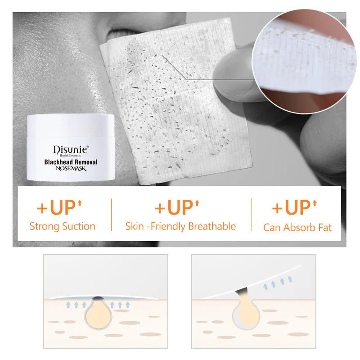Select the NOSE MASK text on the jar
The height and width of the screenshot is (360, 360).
click(x=71, y=168)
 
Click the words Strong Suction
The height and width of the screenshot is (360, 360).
click(x=63, y=226)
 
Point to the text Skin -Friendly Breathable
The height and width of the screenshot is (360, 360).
click(x=180, y=227)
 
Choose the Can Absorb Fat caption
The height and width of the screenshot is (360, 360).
click(x=297, y=228)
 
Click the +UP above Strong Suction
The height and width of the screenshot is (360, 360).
click(x=59, y=207)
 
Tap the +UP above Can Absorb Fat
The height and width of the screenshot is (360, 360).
click(x=294, y=207)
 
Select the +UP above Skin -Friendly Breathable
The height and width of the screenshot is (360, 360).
click(x=177, y=207)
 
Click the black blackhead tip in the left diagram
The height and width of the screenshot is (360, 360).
click(x=98, y=298)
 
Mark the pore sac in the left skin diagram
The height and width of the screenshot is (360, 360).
click(x=98, y=313)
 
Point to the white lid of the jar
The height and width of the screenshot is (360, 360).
click(x=71, y=126)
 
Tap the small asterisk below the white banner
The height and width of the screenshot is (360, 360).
click(x=73, y=243)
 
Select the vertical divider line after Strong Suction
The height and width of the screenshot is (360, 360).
click(x=111, y=215)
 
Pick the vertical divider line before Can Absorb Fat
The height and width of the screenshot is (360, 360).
click(x=252, y=215)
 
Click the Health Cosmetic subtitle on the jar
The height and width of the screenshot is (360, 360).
click(x=72, y=156)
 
